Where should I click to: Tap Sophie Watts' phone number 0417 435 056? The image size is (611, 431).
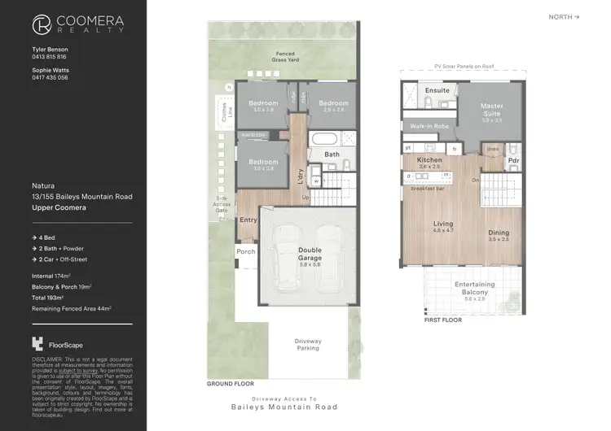coord(51,77)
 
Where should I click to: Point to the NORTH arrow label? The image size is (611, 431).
coord(565,16)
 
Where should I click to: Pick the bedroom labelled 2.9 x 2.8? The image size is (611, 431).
coord(333,106)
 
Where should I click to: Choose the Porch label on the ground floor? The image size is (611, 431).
coord(245,252)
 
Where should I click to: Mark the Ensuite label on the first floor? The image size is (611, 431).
coord(437,90)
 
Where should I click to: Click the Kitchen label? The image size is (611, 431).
coord(429,163)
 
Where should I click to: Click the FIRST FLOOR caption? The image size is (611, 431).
coord(442,320)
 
